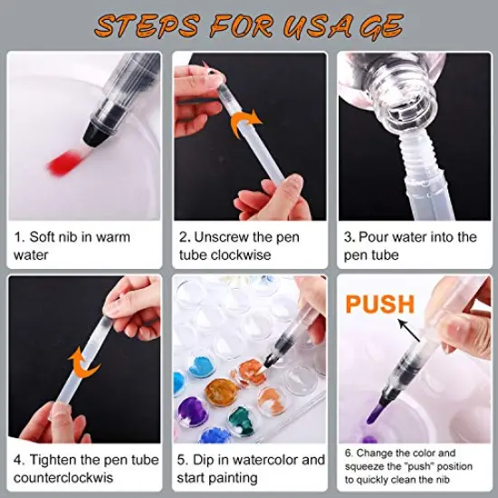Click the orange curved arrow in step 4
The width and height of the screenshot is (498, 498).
(76, 367)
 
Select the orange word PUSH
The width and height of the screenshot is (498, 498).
(379, 304)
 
